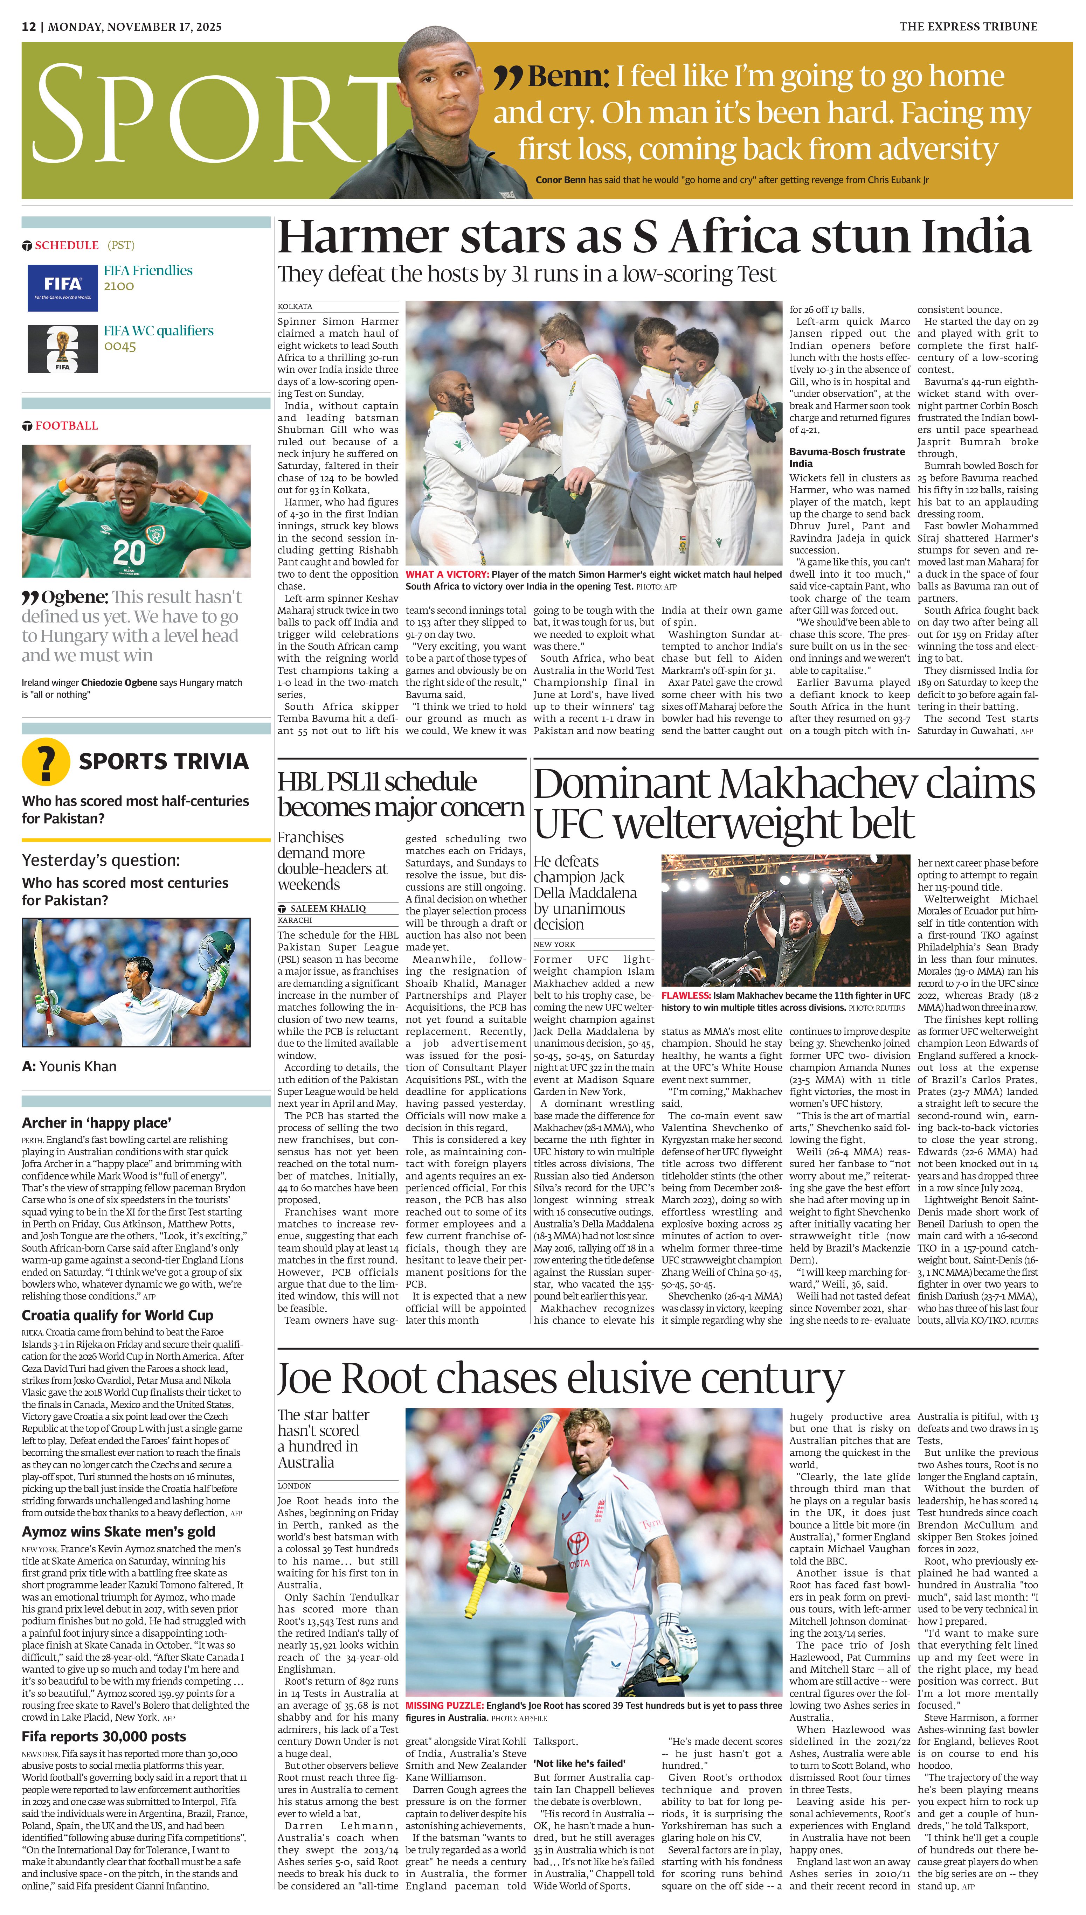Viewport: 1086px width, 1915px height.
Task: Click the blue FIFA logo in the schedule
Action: tap(63, 287)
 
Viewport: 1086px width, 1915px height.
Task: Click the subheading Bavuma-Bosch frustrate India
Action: tap(836, 457)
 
